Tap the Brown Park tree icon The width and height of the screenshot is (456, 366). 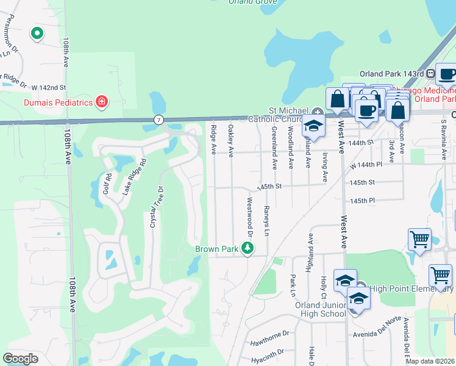pyautogui.click(x=248, y=248)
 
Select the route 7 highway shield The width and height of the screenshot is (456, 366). pyautogui.click(x=159, y=120)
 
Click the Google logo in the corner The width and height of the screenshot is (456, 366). pyautogui.click(x=21, y=359)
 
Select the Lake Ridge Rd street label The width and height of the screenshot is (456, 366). pyautogui.click(x=135, y=178)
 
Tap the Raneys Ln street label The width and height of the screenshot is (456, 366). pyautogui.click(x=266, y=220)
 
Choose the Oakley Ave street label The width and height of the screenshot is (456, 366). pyautogui.click(x=230, y=140)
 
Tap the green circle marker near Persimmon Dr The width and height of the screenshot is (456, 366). pyautogui.click(x=37, y=34)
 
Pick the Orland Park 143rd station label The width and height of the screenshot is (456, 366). pyautogui.click(x=391, y=74)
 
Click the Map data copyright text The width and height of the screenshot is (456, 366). pyautogui.click(x=430, y=361)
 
